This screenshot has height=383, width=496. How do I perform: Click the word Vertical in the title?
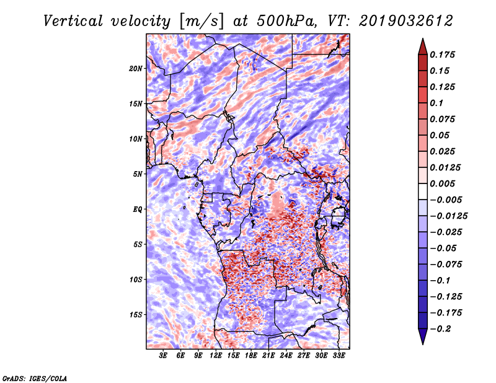pos(73,21)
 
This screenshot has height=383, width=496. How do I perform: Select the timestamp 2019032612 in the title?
pos(406,21)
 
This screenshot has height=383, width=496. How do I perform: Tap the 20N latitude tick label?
pos(136,69)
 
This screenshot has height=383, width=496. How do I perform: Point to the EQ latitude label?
pos(137,209)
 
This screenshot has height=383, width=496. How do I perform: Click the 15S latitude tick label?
pos(136,315)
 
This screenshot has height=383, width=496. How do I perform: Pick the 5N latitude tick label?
pos(138,174)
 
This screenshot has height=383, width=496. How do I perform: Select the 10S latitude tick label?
pos(136,280)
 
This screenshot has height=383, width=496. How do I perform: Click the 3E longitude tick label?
pos(163,356)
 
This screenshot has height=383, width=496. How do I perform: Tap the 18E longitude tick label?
pos(251,356)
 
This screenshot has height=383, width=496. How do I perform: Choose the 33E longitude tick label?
pos(339,356)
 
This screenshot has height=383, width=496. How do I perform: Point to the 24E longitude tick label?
pos(286,356)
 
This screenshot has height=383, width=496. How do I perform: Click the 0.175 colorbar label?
pos(443,55)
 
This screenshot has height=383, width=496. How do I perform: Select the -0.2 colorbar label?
pos(440,329)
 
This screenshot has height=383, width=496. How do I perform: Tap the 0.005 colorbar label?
pos(443,183)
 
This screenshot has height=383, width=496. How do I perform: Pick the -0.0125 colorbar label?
pos(448,216)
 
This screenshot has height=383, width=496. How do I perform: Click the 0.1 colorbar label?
pos(437,103)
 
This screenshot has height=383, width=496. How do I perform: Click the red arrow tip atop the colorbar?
pos(423,39)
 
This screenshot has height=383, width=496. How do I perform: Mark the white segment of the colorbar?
pos(423,191)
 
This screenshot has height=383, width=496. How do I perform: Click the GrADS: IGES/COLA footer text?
pos(35,378)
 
